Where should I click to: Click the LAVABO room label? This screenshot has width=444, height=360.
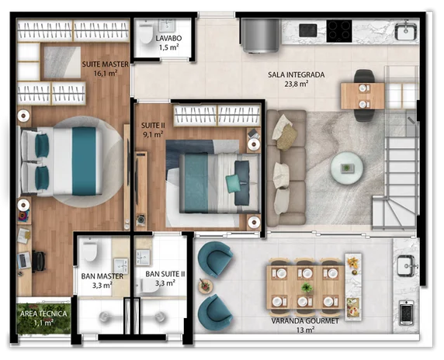click(x=168, y=38)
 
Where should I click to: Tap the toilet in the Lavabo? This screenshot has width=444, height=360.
click(x=145, y=32)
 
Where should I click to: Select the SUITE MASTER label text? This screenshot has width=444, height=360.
click(x=105, y=64)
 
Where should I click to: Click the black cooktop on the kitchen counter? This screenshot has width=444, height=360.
click(x=339, y=31)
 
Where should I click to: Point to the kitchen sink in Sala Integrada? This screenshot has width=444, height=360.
click(x=406, y=31)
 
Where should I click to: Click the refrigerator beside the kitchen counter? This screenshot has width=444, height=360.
click(x=260, y=36)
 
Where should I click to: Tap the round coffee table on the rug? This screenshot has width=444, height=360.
click(x=347, y=168)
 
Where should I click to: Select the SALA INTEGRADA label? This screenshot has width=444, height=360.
click(x=297, y=74)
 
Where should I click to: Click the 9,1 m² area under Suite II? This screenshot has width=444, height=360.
click(x=153, y=134)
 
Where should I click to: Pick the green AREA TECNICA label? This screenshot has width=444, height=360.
click(x=43, y=313)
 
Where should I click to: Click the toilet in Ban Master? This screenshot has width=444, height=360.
click(x=90, y=250)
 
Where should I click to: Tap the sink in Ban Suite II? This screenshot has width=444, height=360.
click(x=143, y=258)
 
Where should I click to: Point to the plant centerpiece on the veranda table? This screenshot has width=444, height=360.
click(x=307, y=288)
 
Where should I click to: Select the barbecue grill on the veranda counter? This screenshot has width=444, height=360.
click(x=406, y=313)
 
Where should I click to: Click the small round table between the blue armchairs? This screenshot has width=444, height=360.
click(x=205, y=286)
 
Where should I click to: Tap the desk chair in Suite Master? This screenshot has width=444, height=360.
click(x=39, y=261)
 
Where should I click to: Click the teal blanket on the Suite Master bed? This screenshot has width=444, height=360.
click(x=84, y=161)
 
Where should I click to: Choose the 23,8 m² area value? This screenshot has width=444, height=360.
click(x=297, y=84)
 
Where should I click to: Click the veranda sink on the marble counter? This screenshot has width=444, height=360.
click(x=406, y=265)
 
